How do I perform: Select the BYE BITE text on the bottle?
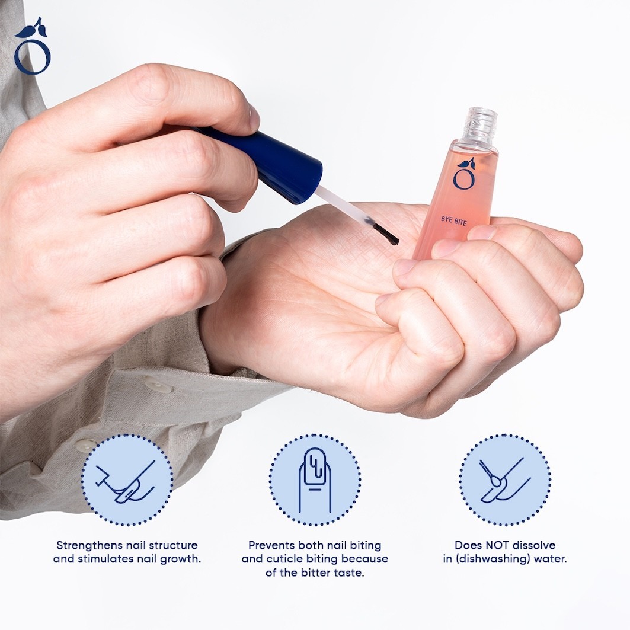pos(454,220)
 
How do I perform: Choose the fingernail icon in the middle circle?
pos(315,480)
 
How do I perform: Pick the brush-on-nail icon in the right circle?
pos(504,479)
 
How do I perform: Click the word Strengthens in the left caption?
pos(90,545)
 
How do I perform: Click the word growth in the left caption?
pos(179,559)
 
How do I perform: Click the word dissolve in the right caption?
pos(534,545)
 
